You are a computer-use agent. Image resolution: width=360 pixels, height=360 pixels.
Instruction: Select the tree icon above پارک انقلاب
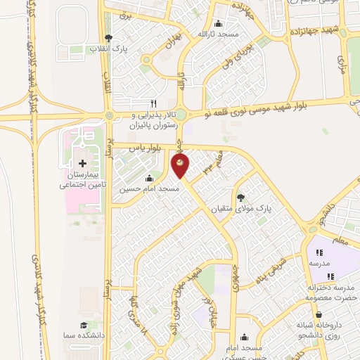[108, 38]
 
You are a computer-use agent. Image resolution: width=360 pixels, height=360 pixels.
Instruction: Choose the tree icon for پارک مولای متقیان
[241, 198]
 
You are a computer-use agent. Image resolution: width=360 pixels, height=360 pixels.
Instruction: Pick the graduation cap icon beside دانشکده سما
[84, 325]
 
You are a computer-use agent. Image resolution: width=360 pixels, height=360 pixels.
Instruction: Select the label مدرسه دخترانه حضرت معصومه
[333, 292]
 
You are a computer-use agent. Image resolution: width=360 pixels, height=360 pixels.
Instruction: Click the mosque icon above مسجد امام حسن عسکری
[244, 337]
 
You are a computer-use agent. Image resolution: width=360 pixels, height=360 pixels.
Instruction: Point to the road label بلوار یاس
[150, 147]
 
